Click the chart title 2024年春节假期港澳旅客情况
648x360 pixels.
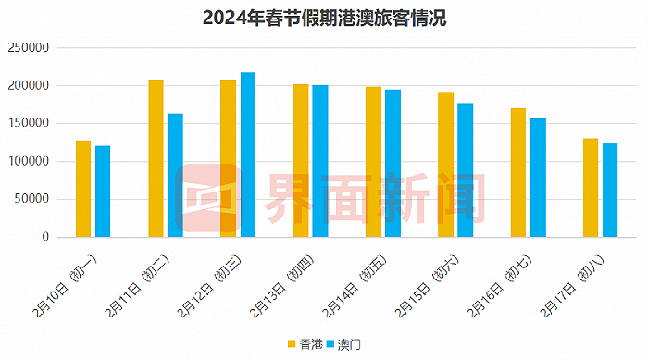click(x=324, y=19)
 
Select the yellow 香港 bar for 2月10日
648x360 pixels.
click(x=83, y=189)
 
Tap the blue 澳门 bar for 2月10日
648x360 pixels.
click(x=103, y=192)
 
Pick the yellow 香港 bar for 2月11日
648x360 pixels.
click(x=156, y=158)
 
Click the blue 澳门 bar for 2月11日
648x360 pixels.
click(x=175, y=176)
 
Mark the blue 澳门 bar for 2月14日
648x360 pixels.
click(x=393, y=163)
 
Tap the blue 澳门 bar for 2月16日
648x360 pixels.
click(x=538, y=191)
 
